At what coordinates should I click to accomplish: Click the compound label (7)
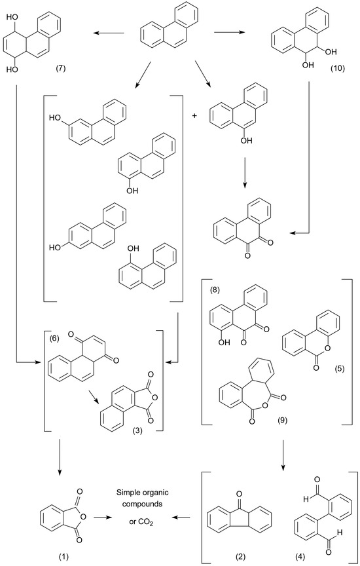pyautogui.click(x=61, y=69)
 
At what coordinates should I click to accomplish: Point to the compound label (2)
pyautogui.click(x=240, y=556)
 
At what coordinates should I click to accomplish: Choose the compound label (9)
pyautogui.click(x=281, y=421)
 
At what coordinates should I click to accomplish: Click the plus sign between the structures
pyautogui.click(x=196, y=116)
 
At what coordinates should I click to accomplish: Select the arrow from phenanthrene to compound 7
pyautogui.click(x=109, y=34)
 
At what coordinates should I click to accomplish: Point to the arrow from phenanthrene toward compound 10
pyautogui.click(x=229, y=33)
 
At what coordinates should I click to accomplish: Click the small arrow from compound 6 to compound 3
pyautogui.click(x=93, y=398)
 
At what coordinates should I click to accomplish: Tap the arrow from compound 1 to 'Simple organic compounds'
pyautogui.click(x=103, y=518)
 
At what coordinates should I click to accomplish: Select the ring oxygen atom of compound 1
pyautogui.click(x=83, y=518)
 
